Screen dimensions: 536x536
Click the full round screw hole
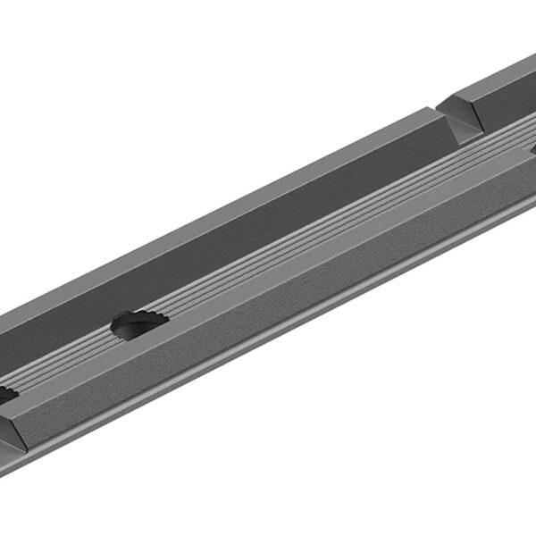click(x=138, y=324)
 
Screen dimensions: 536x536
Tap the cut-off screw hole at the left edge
click(x=5, y=394)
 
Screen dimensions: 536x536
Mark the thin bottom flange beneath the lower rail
click(x=268, y=344)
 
